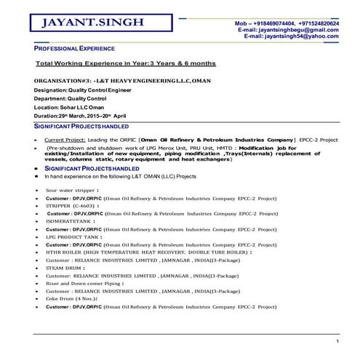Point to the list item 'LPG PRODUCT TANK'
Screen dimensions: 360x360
[x=73, y=236]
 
